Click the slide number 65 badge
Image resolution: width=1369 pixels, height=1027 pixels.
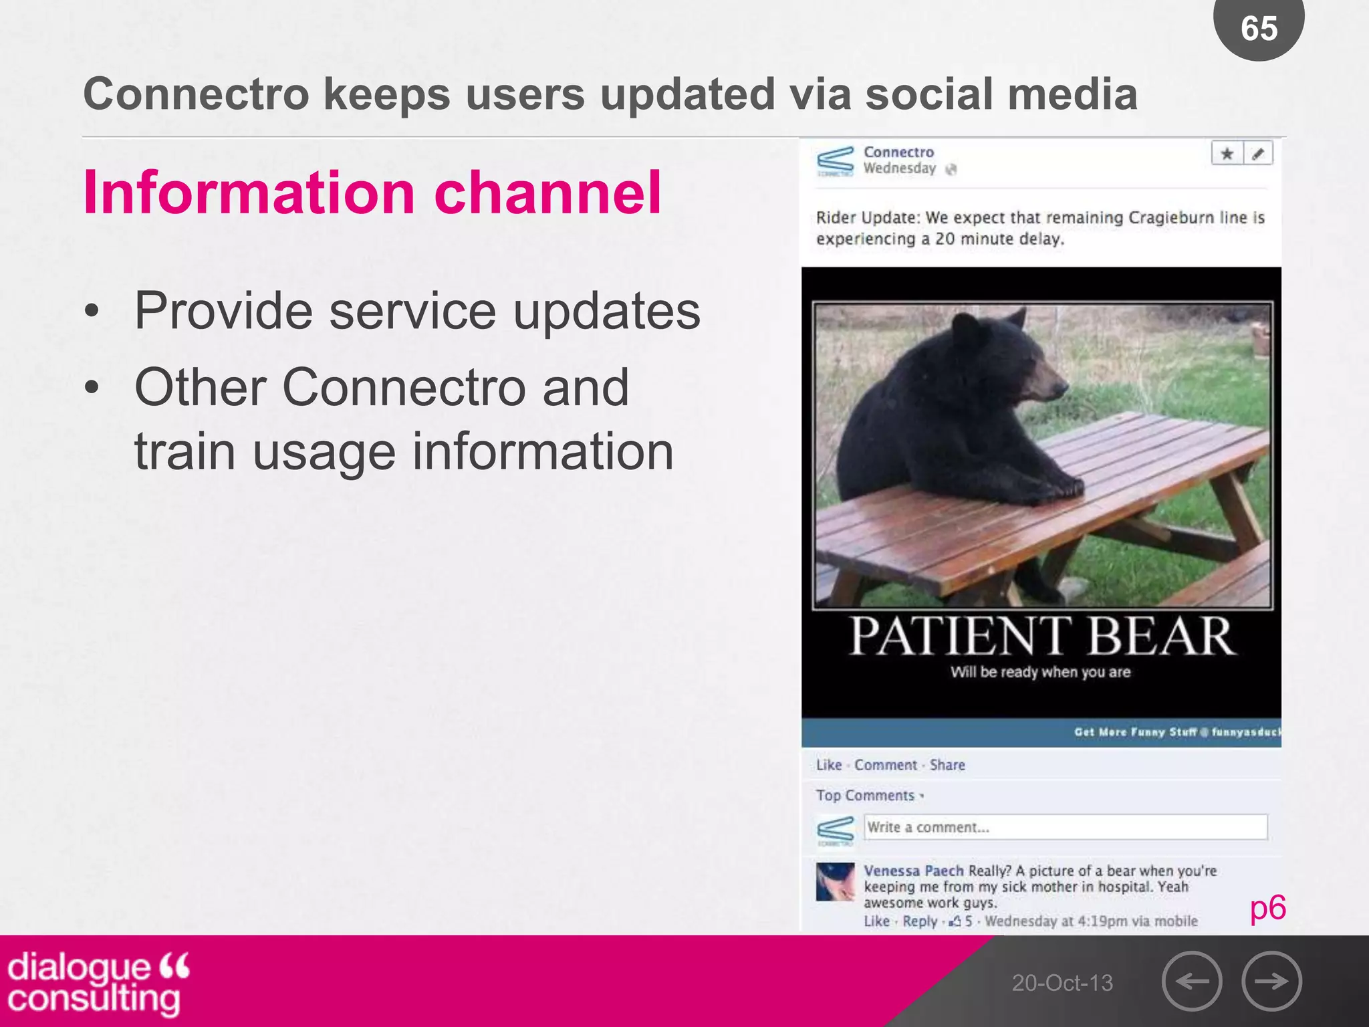click(1259, 28)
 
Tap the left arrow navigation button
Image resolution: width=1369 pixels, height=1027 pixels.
click(1192, 981)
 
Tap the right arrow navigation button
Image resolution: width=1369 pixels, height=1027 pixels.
click(1271, 981)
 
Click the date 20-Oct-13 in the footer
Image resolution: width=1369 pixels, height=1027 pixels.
click(1062, 983)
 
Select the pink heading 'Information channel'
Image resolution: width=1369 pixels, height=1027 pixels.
click(372, 193)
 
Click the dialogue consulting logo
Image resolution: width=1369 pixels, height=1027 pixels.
click(98, 983)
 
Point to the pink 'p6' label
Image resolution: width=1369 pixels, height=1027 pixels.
click(1267, 908)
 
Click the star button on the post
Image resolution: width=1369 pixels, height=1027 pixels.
click(1227, 154)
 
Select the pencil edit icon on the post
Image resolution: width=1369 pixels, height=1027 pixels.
click(1258, 154)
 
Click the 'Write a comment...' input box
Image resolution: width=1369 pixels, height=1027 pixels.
click(1066, 827)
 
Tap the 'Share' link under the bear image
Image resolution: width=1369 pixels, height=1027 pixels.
click(947, 765)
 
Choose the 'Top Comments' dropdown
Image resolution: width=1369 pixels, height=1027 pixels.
click(869, 796)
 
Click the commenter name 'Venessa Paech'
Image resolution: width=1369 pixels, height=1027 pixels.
click(913, 871)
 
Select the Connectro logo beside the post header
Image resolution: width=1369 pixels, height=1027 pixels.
click(835, 161)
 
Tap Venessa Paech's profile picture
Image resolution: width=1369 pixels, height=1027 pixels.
click(836, 882)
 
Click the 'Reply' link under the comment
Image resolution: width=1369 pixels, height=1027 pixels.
click(920, 921)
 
